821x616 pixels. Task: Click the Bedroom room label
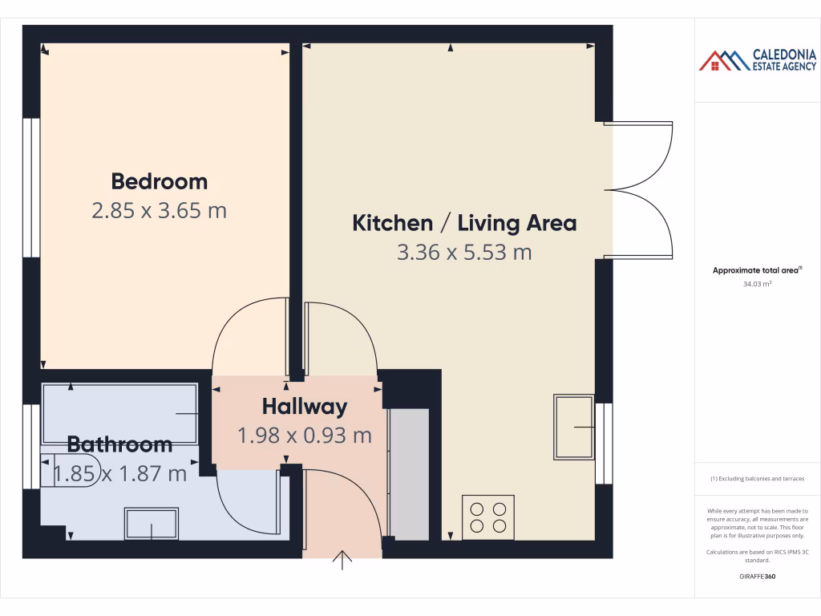point(159,181)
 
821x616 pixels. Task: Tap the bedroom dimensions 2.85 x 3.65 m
point(159,211)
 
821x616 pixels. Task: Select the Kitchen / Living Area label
point(464,223)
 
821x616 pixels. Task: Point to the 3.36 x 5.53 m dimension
point(464,253)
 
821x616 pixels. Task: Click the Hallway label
point(305,407)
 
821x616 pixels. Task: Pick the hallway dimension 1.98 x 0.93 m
point(305,436)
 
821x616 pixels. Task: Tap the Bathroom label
point(119,444)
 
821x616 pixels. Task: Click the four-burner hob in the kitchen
point(489,517)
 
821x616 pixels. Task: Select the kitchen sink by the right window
point(573,427)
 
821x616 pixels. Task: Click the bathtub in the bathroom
point(119,412)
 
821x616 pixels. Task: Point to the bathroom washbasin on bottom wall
point(152,524)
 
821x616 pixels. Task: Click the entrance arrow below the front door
point(343,559)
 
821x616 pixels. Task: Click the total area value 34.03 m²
point(757,283)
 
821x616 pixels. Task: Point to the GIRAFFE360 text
point(757,576)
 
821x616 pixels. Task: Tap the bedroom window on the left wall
point(30,188)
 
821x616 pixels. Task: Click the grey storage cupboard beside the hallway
point(409,473)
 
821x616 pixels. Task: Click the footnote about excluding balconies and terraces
point(757,479)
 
